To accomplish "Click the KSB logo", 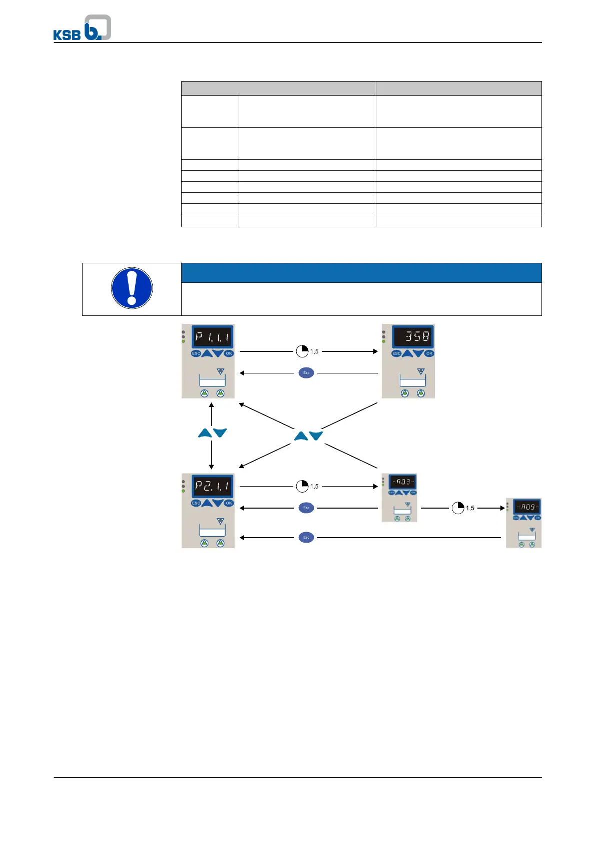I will (x=82, y=28).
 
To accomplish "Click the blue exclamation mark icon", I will (x=132, y=288).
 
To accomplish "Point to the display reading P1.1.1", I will (x=212, y=337).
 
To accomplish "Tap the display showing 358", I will (x=413, y=336).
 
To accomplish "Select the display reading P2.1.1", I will (x=212, y=486).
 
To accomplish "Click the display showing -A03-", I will (x=402, y=482).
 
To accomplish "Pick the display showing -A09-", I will (x=527, y=507).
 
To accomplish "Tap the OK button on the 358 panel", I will (x=429, y=353).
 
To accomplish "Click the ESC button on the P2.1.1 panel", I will (x=196, y=503).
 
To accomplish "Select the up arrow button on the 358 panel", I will (x=407, y=353).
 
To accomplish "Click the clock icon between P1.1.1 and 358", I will (x=302, y=351).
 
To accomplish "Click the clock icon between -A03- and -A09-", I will (x=458, y=508).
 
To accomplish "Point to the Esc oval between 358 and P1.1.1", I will (x=306, y=373).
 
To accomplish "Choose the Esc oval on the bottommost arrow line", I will (x=306, y=538).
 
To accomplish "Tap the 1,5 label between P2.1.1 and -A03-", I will (x=314, y=487).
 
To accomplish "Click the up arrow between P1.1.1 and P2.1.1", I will (x=205, y=433).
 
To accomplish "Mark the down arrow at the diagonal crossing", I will (x=316, y=436).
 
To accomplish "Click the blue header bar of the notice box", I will (x=361, y=273).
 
